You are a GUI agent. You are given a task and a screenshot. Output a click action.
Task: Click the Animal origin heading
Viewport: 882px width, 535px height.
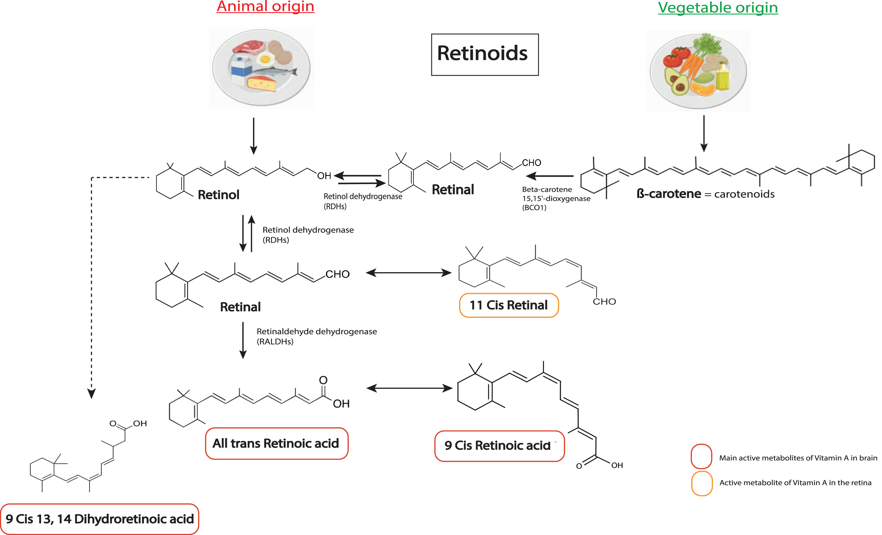click(x=265, y=6)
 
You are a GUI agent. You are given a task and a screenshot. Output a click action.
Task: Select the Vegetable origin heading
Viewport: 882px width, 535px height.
click(x=718, y=8)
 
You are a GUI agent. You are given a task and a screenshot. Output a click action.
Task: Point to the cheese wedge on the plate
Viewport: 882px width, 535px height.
click(x=262, y=84)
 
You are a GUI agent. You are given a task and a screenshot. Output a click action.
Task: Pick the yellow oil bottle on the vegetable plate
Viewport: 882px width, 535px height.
click(x=722, y=76)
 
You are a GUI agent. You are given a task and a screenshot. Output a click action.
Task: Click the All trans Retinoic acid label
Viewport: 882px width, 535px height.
click(x=277, y=443)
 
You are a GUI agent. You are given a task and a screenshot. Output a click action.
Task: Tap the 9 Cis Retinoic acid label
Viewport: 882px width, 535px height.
click(x=499, y=446)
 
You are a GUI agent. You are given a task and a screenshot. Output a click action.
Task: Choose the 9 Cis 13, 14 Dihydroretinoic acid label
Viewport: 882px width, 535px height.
click(x=100, y=519)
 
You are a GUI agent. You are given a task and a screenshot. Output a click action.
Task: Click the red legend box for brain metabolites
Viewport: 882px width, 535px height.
click(x=701, y=457)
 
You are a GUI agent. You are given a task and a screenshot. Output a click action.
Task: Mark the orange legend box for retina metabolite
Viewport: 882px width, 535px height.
click(x=702, y=483)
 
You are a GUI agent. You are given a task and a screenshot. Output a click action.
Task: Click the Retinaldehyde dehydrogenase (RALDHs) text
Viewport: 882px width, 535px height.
click(x=317, y=336)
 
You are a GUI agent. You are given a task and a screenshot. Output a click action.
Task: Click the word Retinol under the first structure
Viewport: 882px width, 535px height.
click(x=218, y=195)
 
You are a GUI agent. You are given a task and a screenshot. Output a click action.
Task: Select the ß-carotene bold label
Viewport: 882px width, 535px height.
click(x=669, y=194)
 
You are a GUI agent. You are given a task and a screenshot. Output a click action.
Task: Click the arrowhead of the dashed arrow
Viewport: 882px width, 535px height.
click(x=92, y=394)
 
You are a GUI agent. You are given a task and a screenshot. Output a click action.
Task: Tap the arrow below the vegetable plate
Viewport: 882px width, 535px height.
click(x=704, y=133)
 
